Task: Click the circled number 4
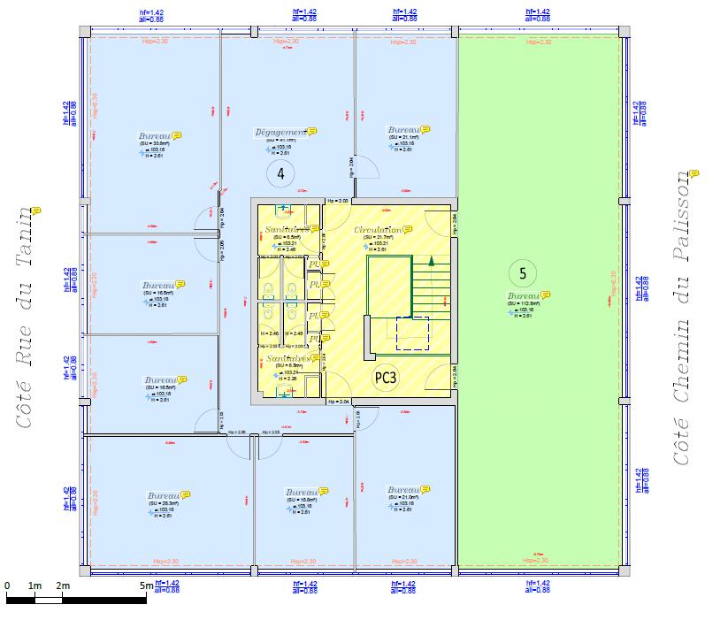coord(280,173)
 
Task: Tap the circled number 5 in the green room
coord(523,274)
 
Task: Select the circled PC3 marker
coord(386,378)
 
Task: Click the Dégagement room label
coord(280,133)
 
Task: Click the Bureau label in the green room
coord(523,295)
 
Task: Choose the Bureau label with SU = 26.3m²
coord(164,496)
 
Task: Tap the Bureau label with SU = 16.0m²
coord(301,492)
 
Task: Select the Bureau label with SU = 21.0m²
coord(402,490)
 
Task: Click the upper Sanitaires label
coord(287,230)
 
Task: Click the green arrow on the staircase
coord(431,261)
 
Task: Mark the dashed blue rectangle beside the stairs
coord(412,333)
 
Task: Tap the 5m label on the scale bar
coord(146,586)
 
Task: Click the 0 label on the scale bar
coord(7,586)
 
